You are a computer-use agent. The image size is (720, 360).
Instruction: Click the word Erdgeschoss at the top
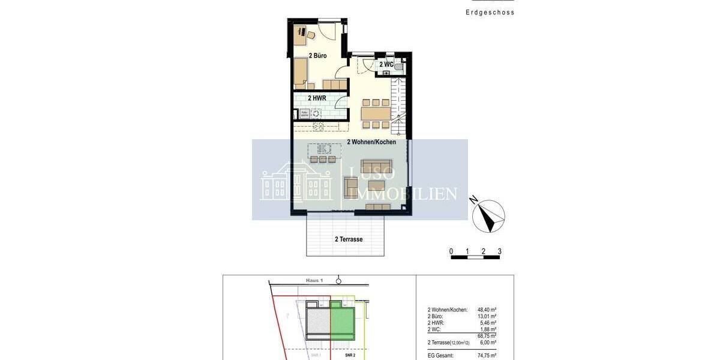point(490,13)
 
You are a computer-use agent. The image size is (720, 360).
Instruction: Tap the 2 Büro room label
point(317,56)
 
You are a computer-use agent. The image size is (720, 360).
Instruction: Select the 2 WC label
point(386,64)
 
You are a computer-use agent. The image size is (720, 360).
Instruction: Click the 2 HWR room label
point(317,98)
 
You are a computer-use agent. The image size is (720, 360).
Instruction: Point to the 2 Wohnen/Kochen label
point(371,143)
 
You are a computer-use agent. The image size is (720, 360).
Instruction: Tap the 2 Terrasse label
point(349,239)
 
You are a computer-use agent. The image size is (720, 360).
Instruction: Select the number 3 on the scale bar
point(499,251)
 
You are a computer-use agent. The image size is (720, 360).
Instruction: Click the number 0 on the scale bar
point(451,251)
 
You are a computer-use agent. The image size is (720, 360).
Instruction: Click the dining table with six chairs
point(375,113)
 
